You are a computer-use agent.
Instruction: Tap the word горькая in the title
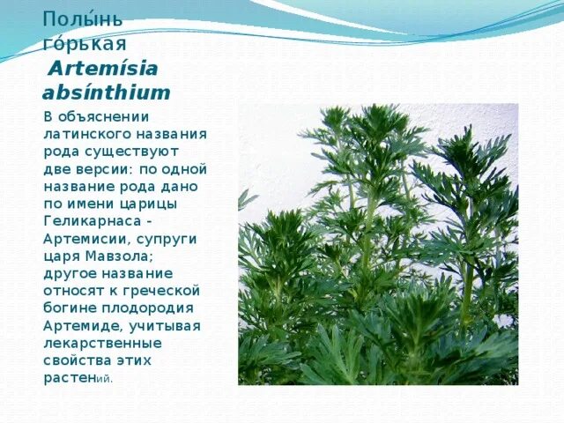85,43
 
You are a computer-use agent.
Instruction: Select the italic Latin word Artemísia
103,69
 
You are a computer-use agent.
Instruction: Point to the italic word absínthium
106,93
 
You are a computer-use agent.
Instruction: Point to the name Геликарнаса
93,221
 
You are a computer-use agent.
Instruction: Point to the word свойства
77,360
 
